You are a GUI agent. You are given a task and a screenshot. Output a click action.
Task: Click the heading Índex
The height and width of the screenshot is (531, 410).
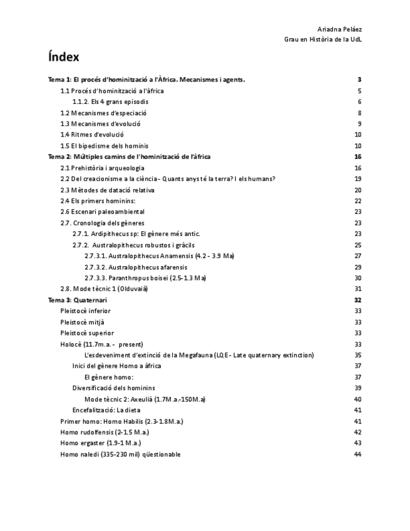click(x=64, y=57)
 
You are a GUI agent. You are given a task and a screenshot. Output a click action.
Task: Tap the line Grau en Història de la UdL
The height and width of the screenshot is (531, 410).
click(x=323, y=39)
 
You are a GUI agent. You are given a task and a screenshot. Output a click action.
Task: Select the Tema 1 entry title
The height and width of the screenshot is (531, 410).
click(x=146, y=80)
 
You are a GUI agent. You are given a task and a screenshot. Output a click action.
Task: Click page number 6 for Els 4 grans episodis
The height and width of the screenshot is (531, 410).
click(x=360, y=101)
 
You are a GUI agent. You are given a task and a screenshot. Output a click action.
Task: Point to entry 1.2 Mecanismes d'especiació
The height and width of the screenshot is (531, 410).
click(x=103, y=113)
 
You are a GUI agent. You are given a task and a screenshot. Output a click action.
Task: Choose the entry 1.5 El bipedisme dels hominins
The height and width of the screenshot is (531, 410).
click(x=105, y=146)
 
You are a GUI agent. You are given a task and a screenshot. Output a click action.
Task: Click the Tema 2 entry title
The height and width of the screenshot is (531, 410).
click(x=129, y=157)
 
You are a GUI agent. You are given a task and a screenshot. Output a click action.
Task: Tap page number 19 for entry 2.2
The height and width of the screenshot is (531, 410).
click(x=358, y=178)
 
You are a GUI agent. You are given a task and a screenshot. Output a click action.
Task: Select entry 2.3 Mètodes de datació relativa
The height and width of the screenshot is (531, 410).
click(x=107, y=190)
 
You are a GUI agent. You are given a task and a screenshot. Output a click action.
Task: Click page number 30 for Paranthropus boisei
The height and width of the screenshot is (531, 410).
click(x=358, y=278)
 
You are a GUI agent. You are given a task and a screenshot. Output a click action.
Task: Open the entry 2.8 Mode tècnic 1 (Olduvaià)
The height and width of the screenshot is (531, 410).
click(x=104, y=289)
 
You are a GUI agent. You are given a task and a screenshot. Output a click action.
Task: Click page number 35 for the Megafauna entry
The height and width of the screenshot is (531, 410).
click(x=358, y=355)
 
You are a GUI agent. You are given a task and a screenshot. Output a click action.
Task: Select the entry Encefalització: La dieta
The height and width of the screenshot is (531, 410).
click(x=106, y=410)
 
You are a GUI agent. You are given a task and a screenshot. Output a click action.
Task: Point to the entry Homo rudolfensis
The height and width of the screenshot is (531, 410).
click(x=96, y=432)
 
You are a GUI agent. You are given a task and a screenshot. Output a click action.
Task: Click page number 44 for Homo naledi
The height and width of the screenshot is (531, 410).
click(x=358, y=454)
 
